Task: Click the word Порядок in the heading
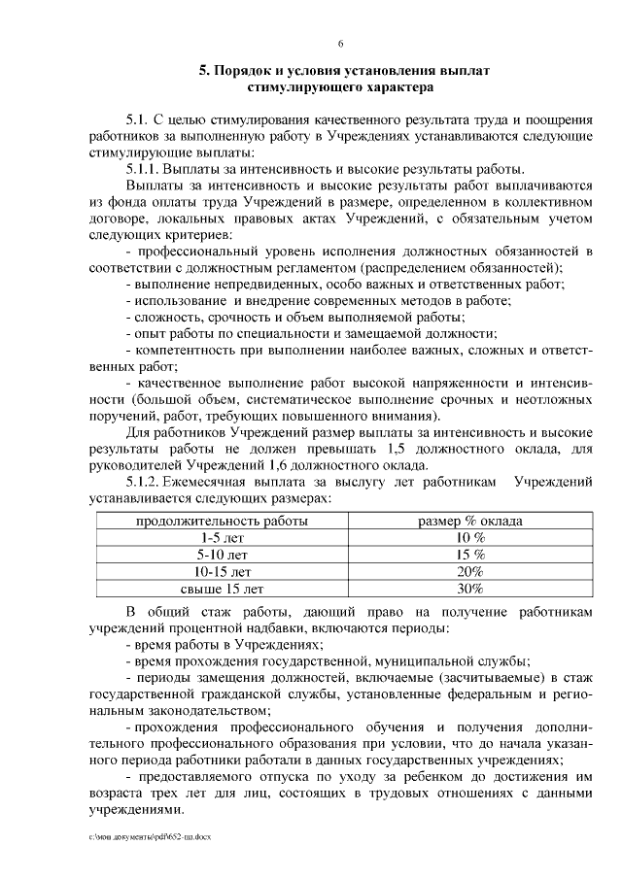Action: (245, 71)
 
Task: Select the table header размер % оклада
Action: (470, 521)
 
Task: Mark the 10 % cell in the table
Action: (470, 537)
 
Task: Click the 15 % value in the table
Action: (470, 554)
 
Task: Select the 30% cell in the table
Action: (470, 588)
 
